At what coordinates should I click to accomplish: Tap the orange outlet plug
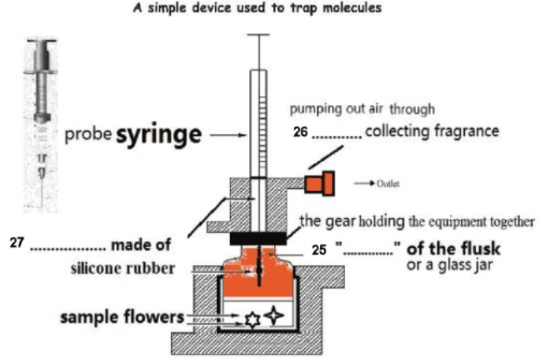[x=322, y=181]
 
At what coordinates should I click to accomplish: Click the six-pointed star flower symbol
[x=251, y=320]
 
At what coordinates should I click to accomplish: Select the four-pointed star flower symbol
[x=274, y=315]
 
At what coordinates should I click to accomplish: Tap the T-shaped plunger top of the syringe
[x=258, y=36]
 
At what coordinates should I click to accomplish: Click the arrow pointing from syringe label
[x=227, y=136]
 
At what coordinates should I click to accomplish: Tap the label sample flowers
[x=121, y=318]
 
